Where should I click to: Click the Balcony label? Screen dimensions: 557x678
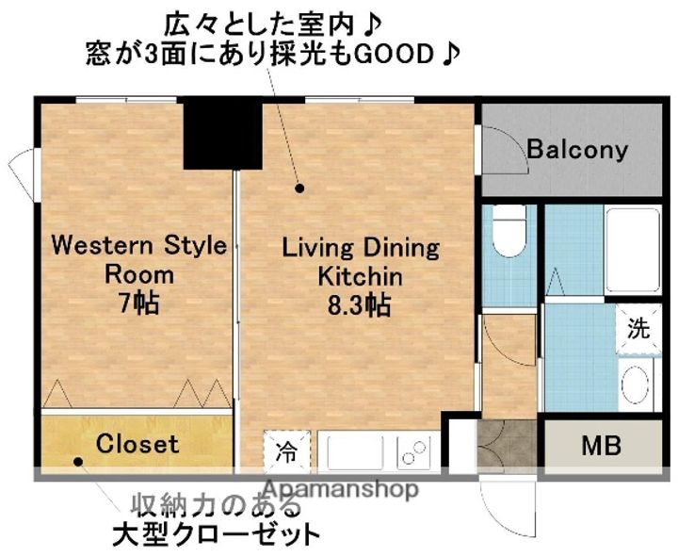[576, 149]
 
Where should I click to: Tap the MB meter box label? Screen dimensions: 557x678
[600, 446]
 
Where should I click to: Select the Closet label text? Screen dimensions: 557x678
[137, 442]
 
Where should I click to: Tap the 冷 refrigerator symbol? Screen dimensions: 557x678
[284, 451]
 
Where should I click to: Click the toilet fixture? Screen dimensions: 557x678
[509, 231]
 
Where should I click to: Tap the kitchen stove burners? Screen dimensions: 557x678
[412, 451]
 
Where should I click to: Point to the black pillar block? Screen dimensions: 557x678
[222, 134]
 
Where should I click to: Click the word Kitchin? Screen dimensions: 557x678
[360, 277]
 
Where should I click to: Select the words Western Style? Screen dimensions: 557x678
[137, 246]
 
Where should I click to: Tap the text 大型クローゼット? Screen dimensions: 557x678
[216, 535]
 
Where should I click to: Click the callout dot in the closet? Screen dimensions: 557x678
[79, 462]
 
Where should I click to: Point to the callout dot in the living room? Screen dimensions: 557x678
[300, 188]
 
